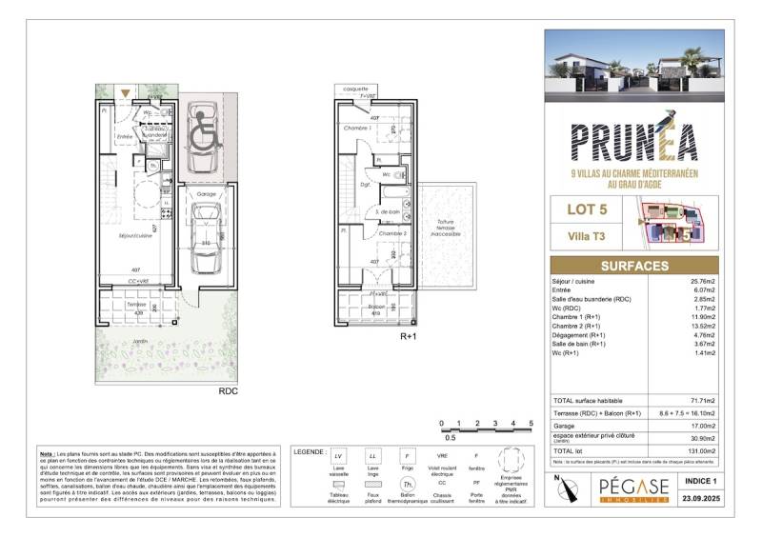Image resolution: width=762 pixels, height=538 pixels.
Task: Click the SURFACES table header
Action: (x=636, y=266)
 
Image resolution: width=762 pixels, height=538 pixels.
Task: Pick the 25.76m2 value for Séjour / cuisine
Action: (x=701, y=282)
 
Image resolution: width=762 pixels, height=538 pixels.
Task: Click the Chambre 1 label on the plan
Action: (x=357, y=128)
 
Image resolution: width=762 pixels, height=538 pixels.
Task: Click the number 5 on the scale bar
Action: (x=531, y=422)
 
